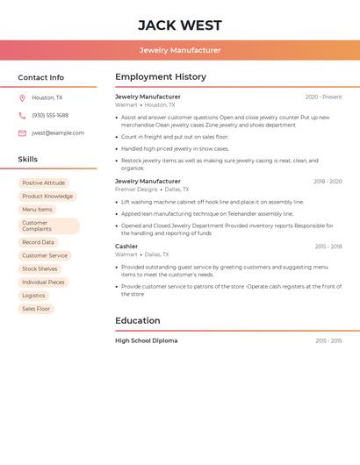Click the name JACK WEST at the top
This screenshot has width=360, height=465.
tap(180, 25)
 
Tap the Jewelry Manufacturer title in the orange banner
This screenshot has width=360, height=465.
tap(180, 50)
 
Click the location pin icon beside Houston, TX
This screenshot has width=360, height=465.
tap(22, 97)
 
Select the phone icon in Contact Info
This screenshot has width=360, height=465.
tap(22, 115)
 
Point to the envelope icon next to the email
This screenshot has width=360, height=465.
tap(22, 133)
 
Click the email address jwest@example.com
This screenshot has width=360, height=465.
tap(58, 133)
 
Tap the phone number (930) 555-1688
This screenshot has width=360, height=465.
tap(50, 115)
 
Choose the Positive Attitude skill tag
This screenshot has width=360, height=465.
tap(43, 183)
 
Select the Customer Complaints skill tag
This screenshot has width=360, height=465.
tap(48, 226)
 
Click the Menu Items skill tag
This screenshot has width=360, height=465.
tap(37, 210)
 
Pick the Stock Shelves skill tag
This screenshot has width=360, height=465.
tap(40, 269)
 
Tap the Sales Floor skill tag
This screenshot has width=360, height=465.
tap(36, 309)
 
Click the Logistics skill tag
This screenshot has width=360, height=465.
tap(33, 296)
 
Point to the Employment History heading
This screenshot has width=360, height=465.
tap(161, 77)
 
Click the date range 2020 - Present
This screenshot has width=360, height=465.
tap(323, 97)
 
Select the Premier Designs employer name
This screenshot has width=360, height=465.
tap(136, 190)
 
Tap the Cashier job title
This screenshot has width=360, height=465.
tap(126, 247)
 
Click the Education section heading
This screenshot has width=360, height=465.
tap(138, 321)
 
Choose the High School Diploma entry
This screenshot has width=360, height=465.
tap(146, 340)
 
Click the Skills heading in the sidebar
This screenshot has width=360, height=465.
tap(28, 160)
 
